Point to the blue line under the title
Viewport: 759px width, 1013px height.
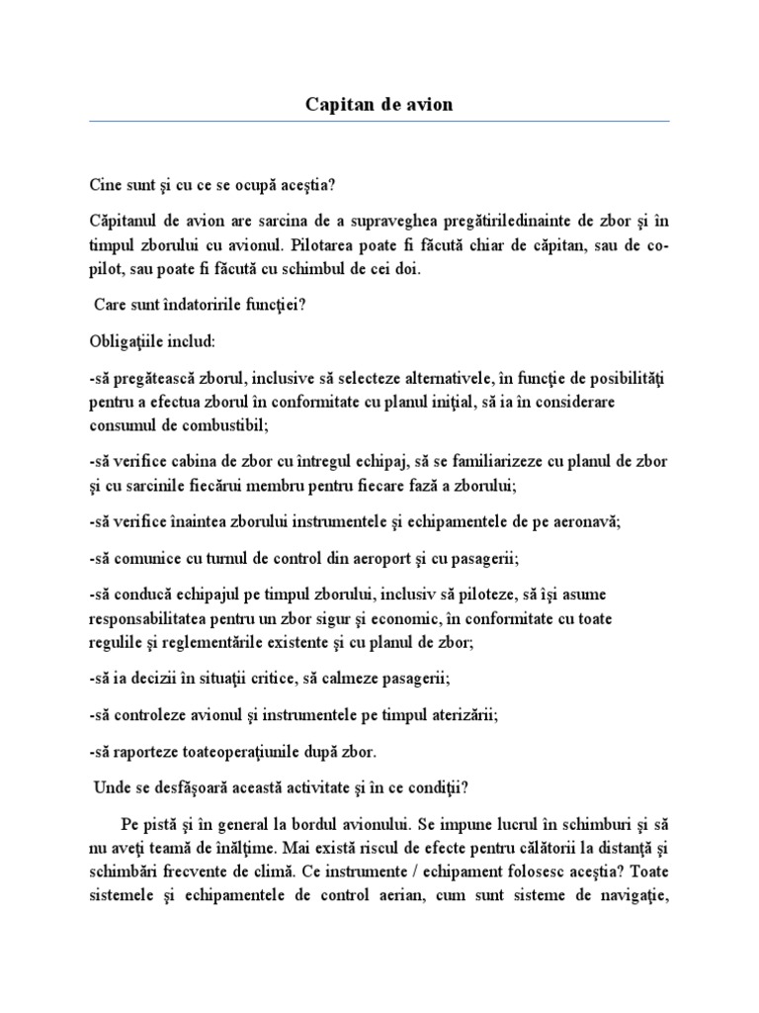[379, 121]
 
